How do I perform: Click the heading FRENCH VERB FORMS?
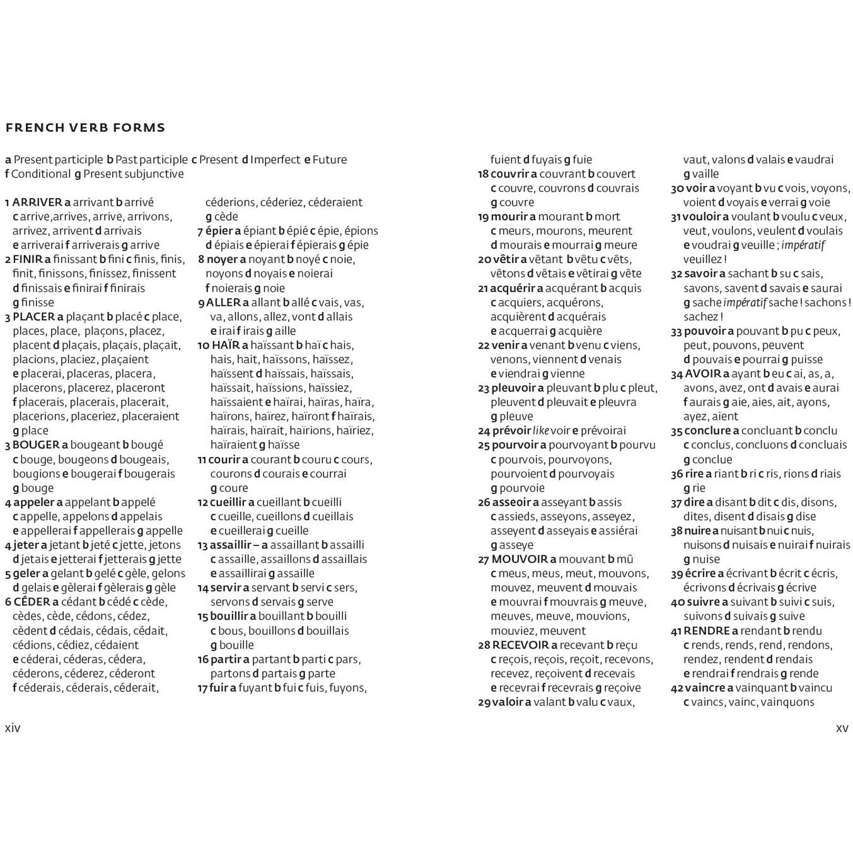(x=85, y=127)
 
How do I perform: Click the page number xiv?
(x=13, y=728)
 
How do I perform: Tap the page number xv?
(x=842, y=728)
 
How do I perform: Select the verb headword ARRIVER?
(x=37, y=202)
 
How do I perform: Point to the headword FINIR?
(x=27, y=259)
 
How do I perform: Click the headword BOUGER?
(x=36, y=445)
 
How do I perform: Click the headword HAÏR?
(x=226, y=345)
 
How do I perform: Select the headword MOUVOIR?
(x=519, y=559)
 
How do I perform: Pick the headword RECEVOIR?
(x=521, y=645)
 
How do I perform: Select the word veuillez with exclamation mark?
(x=704, y=260)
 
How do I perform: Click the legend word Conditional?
(x=41, y=174)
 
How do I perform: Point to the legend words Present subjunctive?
(x=134, y=174)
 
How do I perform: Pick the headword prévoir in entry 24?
(x=511, y=431)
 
